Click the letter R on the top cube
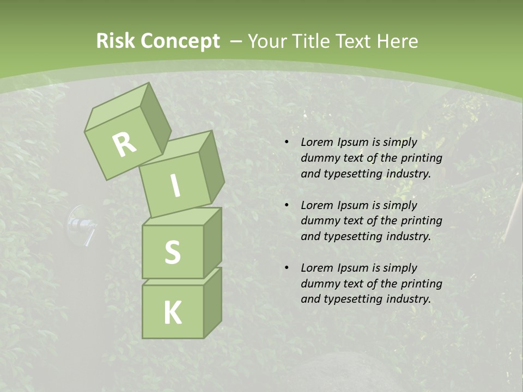pos(125,144)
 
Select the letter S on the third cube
pos(172,252)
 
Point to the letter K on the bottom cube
pos(172,313)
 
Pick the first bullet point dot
pos(287,142)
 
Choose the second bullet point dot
pos(287,205)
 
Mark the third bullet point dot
pos(287,268)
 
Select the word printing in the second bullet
pos(421,220)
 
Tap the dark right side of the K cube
pos(212,302)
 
